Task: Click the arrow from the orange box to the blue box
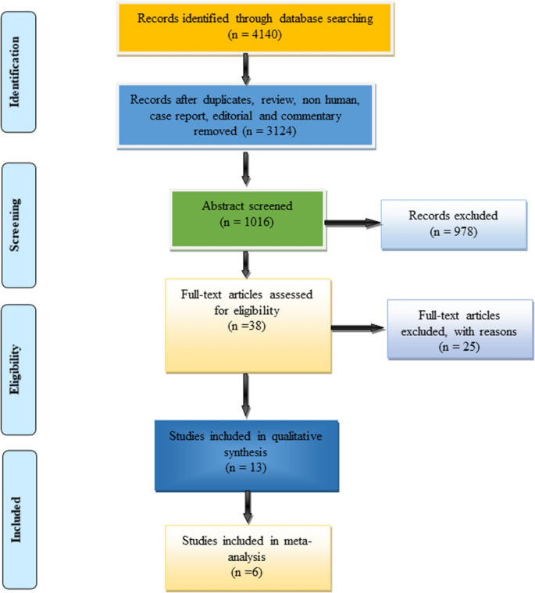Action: coord(247,70)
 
